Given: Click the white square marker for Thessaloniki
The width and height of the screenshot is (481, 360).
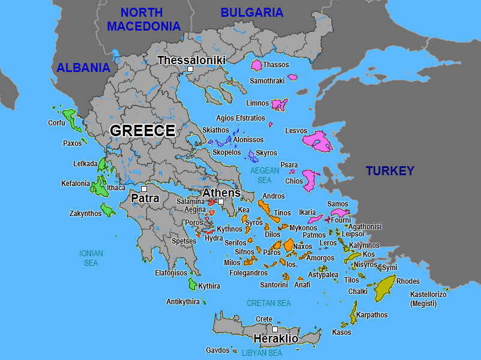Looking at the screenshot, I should coord(190,70).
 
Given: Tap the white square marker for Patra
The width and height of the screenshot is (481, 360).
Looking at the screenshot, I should coord(144,189).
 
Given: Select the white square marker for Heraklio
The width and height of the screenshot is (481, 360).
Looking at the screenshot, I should coord(274,329).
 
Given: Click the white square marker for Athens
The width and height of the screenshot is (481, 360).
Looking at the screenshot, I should coord(221,202).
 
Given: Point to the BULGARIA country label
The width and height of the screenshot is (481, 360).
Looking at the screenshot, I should coord(252,13).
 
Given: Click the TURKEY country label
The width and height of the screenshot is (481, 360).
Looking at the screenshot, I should coord(390,171).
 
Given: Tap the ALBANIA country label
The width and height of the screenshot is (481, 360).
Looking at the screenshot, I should coord(83,68).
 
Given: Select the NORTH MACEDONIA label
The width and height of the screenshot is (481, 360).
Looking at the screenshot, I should coord(144,19).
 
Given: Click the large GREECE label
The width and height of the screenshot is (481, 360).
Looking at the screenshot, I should coord(142,131).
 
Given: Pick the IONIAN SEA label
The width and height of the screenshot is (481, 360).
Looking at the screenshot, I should coord(91,258).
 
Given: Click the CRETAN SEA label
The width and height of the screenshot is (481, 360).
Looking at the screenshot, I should coord(269,304).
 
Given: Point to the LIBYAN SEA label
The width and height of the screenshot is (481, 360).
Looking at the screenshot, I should coord(262,353).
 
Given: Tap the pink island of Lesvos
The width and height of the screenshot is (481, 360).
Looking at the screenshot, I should coord(316,142).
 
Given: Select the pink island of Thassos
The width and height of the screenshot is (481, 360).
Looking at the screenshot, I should coord(257,65).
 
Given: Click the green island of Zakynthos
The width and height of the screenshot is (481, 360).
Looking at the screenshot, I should coord(108,210).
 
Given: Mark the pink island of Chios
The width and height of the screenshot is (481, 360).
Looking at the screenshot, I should coord(311,180).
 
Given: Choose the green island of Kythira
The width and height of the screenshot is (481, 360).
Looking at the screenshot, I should coord(193,284).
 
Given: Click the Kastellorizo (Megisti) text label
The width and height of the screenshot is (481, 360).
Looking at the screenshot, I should coord(429,299).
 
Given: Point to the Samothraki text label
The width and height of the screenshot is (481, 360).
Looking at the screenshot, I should coord(267,80).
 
